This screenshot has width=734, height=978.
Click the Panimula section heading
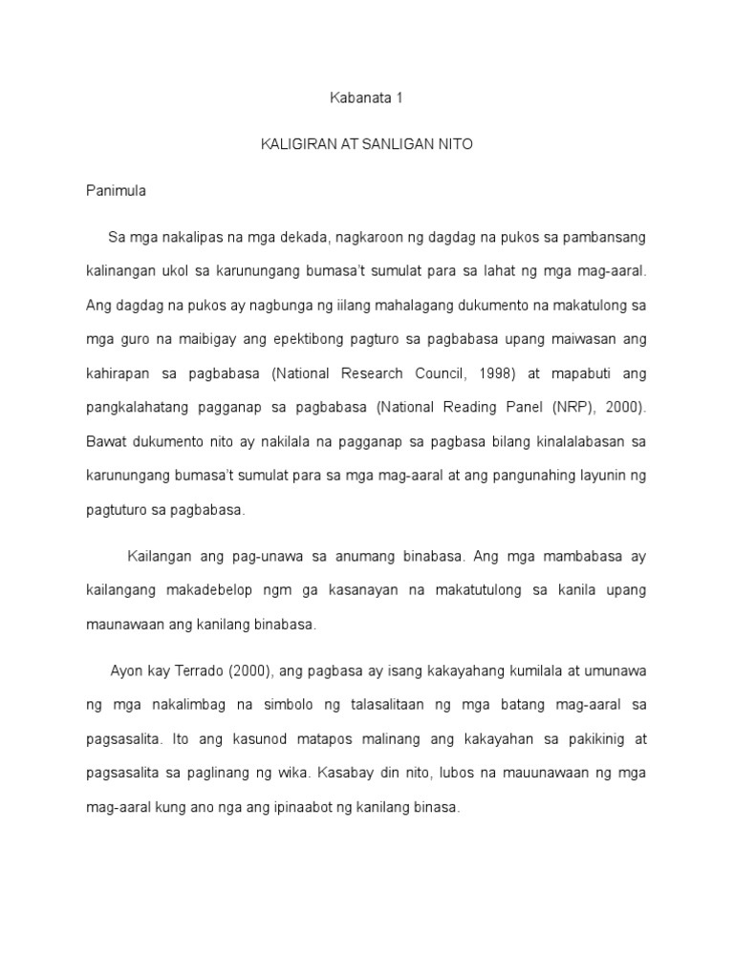(x=115, y=190)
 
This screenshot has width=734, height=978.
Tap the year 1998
(x=532, y=372)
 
